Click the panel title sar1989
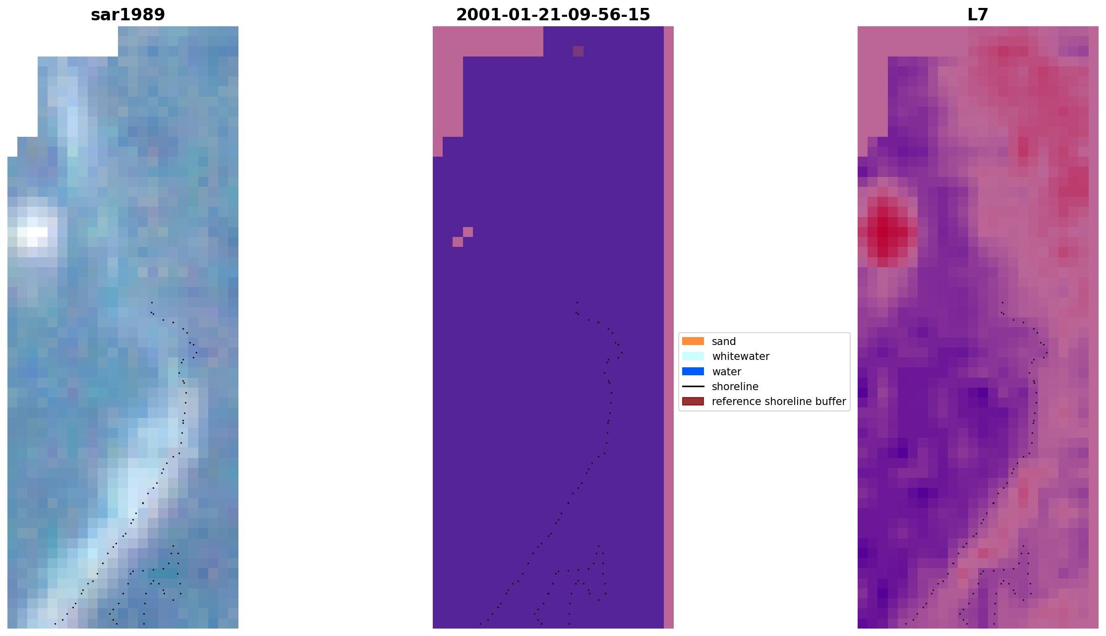pos(128,15)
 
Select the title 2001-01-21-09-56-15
pos(553,15)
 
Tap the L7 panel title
pos(978,15)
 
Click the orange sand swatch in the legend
pos(693,341)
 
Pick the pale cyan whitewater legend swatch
pos(693,356)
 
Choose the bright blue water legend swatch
pos(693,371)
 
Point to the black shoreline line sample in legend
pos(693,386)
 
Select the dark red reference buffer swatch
pos(693,401)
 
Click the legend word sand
pos(723,341)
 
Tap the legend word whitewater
pos(741,356)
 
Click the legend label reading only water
pos(726,371)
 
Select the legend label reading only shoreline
pos(735,386)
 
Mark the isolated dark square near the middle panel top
pos(578,51)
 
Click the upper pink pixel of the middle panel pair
pos(467,231)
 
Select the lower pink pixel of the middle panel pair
pos(458,242)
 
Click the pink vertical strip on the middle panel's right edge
pos(668,327)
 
